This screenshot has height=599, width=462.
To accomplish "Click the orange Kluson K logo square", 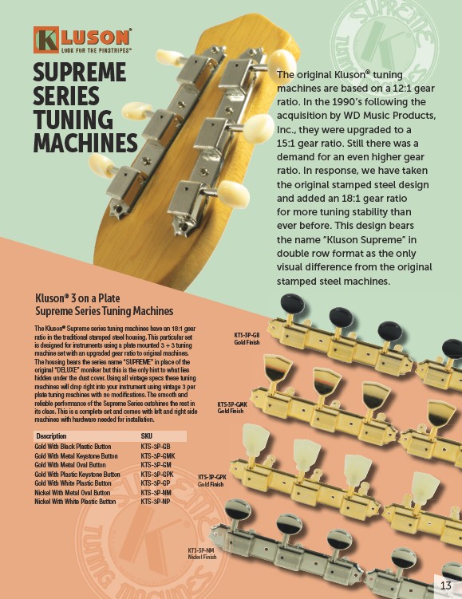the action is pos(45,40).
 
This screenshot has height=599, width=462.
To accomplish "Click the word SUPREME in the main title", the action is pos(80,73).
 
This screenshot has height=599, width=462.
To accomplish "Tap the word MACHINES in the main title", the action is pos(85,143).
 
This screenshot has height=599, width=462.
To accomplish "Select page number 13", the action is pos(446,585).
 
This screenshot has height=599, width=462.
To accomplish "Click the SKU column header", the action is pos(146,435).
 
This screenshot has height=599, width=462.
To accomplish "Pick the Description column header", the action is pos(51,435).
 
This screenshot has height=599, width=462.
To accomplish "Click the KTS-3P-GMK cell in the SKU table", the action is pos(158,455).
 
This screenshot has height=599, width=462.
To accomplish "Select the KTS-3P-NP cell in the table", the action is pos(155,501).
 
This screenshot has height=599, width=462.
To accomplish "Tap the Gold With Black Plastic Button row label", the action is pos(73,447).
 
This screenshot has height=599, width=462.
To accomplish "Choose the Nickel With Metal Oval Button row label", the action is pos(73,492).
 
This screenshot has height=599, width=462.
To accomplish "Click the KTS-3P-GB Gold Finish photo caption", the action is pos(247,339).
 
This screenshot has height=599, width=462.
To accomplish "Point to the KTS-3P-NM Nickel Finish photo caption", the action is pos(202,554).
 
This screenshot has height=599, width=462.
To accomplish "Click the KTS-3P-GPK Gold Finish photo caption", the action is pos(212,481).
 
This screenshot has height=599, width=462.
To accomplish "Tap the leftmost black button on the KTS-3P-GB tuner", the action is pos(293,304).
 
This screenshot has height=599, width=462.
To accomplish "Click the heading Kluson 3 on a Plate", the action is pos(77,298).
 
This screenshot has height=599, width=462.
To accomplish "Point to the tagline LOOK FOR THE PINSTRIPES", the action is pos(97,49).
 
